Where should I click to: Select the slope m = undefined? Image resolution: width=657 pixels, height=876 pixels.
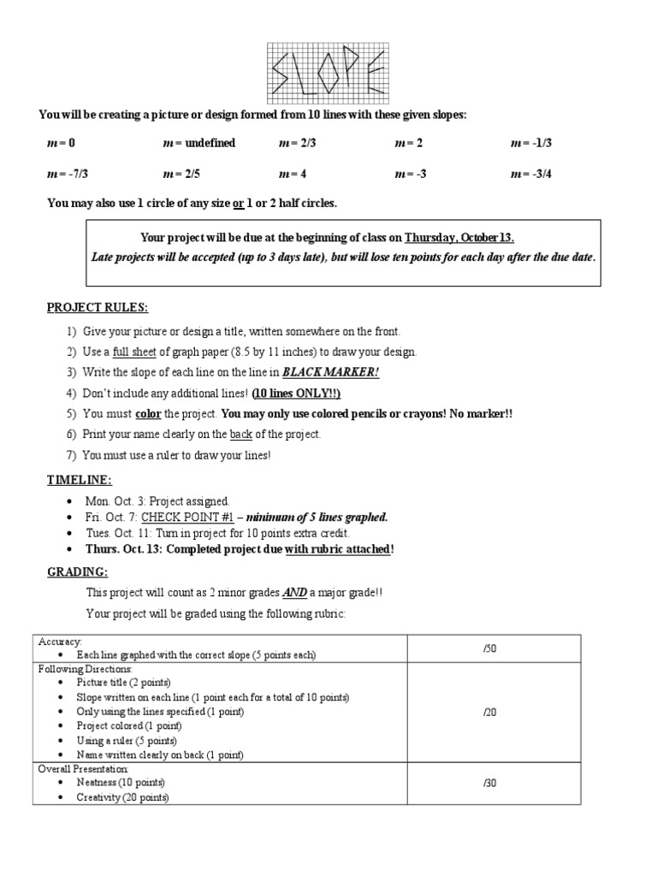(198, 143)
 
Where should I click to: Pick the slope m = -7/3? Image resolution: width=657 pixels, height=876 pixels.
(68, 174)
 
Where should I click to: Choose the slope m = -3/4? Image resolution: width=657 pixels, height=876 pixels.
(531, 174)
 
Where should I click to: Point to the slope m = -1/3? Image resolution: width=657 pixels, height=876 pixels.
(531, 143)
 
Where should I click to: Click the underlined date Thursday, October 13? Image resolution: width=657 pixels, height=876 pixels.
(459, 238)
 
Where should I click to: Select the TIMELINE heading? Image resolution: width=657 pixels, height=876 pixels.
(79, 480)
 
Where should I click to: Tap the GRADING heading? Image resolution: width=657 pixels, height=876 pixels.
(77, 571)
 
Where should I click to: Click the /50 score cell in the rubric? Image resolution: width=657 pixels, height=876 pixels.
(490, 648)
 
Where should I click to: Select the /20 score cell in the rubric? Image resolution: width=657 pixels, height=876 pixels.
(490, 711)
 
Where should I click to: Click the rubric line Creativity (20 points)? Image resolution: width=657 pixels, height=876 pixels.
(122, 797)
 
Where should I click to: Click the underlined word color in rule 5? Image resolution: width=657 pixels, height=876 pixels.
(149, 413)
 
